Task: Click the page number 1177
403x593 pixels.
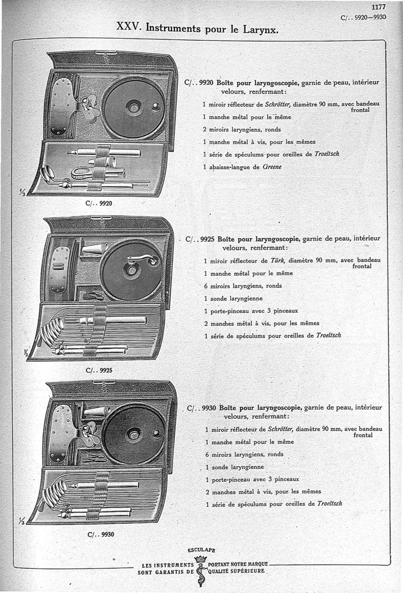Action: point(378,7)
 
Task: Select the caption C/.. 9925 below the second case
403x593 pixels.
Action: point(99,370)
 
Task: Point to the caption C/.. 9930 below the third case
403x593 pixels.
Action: point(100,535)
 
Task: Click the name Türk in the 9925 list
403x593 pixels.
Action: point(278,261)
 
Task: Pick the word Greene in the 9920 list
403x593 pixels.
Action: point(273,167)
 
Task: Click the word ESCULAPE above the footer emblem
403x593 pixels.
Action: point(201,550)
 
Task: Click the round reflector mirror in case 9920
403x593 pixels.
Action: point(133,107)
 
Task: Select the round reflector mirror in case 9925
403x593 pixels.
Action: point(132,270)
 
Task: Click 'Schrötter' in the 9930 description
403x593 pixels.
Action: point(280,429)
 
